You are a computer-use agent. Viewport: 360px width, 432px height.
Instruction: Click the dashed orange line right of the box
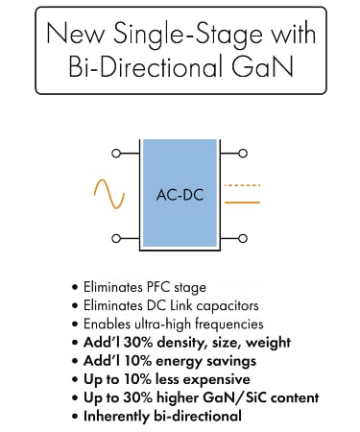(x=242, y=183)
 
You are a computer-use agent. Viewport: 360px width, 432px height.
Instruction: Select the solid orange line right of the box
(x=242, y=203)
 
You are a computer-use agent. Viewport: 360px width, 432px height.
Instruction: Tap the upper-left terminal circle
(x=116, y=152)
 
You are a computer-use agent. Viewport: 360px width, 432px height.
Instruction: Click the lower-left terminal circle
(x=116, y=238)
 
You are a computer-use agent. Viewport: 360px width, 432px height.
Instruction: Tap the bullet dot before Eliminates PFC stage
(x=74, y=287)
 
